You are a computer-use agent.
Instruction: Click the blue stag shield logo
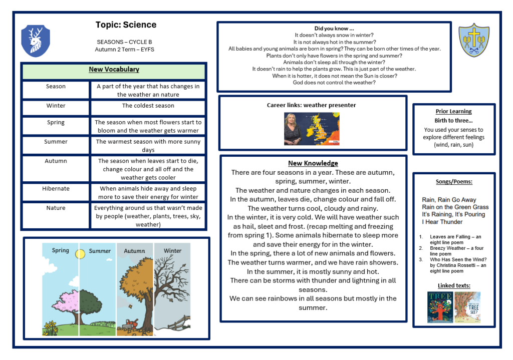tap(36, 41)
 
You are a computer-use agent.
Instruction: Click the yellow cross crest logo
tap(474, 40)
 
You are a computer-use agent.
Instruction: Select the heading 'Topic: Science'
tap(126, 25)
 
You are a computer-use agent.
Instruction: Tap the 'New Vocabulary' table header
tap(114, 70)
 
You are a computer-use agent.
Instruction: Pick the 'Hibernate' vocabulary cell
tap(56, 189)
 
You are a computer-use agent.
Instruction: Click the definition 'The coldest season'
tap(148, 106)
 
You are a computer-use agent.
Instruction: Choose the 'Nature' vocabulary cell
tap(56, 208)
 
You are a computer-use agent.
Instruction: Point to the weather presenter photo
tap(312, 129)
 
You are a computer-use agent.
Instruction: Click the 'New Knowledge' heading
tap(313, 163)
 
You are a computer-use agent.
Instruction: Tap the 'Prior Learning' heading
tap(453, 111)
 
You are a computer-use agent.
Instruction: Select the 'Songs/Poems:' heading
tap(454, 182)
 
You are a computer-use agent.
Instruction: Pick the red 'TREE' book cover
tap(440, 307)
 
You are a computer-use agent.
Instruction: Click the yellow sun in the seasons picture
tap(80, 254)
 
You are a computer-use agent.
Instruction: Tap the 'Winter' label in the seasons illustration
tap(172, 251)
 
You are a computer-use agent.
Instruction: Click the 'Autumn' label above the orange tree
tap(134, 251)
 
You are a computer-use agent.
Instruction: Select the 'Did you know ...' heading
tap(334, 29)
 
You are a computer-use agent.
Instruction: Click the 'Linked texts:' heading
tap(453, 286)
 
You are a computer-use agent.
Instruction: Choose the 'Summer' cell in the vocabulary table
tap(56, 142)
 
